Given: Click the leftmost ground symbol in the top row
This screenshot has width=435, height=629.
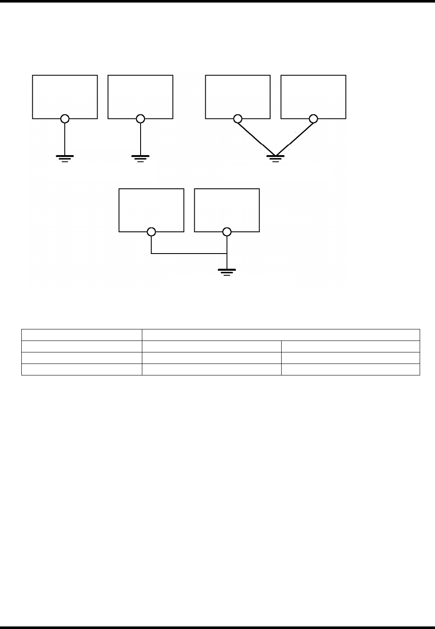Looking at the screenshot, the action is pos(65,158).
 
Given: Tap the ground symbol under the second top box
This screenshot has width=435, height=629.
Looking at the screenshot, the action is pos(140,158).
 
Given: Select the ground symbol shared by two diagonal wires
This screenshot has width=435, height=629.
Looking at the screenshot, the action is pos(275,158).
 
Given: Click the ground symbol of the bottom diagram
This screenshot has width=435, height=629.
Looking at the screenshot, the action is pos(227,272).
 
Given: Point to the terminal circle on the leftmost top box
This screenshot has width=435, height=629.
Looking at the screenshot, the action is pos(65,119).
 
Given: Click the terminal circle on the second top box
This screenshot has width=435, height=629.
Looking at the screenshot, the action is pos(140,119).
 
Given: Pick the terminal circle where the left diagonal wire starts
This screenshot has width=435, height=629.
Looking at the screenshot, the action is pos(238,119).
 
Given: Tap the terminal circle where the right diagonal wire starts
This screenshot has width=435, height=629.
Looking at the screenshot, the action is pos(313,119).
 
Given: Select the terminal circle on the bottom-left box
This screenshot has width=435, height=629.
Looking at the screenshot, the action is pos(151,232).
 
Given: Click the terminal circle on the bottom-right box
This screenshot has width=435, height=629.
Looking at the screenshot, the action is pos(227,232).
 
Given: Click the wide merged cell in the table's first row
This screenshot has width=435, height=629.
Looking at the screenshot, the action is pos(280,335).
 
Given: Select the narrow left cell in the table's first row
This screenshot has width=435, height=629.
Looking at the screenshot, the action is pos(81,335).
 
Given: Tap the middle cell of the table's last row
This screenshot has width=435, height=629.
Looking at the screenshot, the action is pos(211,369).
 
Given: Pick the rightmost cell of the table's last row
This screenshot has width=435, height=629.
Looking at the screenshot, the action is pos(350,369).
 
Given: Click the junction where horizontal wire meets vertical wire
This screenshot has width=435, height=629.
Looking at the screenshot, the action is pos(227,254).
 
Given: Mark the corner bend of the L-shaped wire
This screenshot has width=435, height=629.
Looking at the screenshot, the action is pos(151,254).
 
